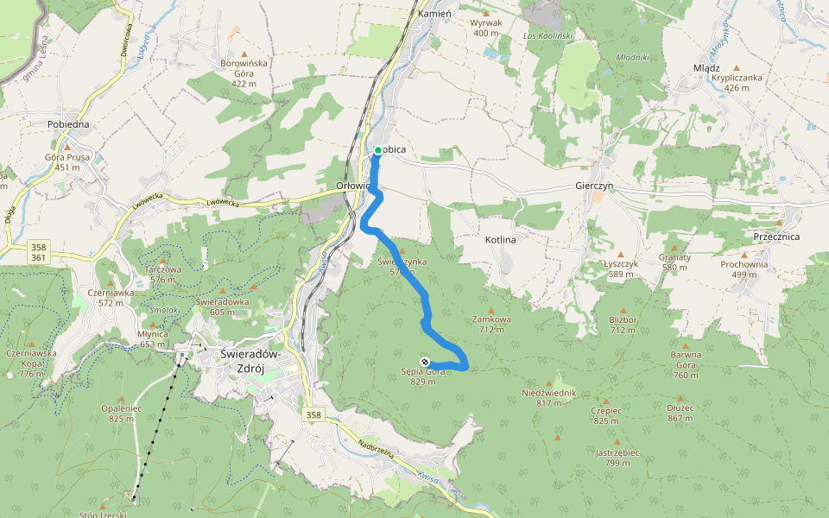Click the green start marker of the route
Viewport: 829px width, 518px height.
(x=378, y=150)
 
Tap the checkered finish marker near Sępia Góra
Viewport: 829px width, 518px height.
(x=425, y=361)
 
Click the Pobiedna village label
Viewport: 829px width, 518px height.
(x=68, y=124)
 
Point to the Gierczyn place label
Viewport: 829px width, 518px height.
(x=593, y=186)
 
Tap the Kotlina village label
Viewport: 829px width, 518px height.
(x=500, y=238)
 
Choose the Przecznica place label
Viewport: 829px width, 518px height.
(x=775, y=237)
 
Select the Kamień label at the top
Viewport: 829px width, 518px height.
(x=434, y=16)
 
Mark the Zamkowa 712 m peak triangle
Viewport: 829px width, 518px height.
(x=491, y=310)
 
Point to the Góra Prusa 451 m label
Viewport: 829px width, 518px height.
(x=67, y=162)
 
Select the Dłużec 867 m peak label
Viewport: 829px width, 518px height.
(x=680, y=414)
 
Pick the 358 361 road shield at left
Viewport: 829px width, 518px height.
(x=38, y=252)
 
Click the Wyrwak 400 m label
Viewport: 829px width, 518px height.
(x=486, y=28)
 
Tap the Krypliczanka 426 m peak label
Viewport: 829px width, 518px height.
(x=737, y=82)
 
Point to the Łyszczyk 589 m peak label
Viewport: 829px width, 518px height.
(x=619, y=268)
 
